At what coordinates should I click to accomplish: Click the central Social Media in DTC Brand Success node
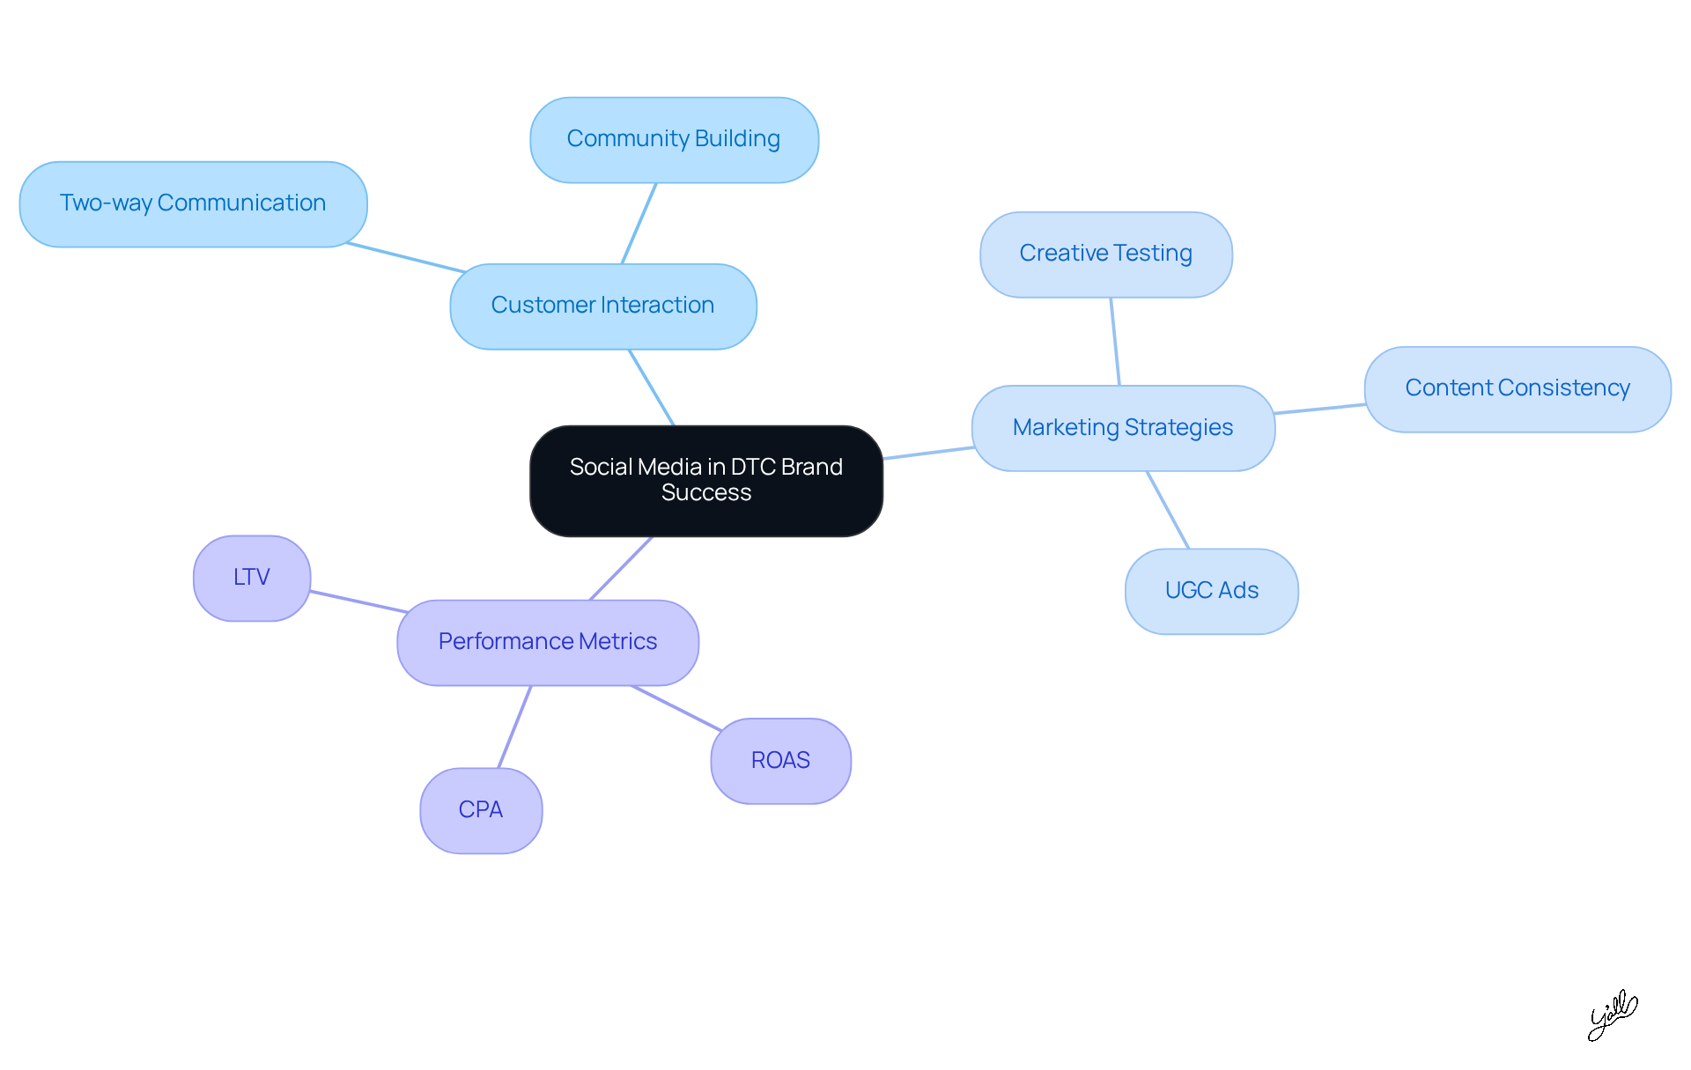click(x=705, y=480)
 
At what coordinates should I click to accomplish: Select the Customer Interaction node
click(x=602, y=306)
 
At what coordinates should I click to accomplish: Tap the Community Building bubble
click(x=674, y=139)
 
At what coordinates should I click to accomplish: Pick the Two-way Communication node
click(x=193, y=203)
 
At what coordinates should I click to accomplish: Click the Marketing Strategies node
click(x=1123, y=428)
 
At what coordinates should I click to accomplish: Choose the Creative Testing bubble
click(x=1105, y=254)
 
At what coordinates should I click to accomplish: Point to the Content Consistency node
click(x=1517, y=388)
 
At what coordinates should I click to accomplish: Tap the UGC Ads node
click(x=1211, y=591)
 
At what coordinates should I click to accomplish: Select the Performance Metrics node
click(x=548, y=642)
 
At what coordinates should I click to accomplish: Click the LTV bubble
click(x=252, y=578)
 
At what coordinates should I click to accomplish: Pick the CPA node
click(x=481, y=810)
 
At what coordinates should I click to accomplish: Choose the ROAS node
click(x=780, y=761)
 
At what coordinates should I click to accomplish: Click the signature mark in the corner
click(x=1612, y=1015)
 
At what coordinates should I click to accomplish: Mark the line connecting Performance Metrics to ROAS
click(x=676, y=708)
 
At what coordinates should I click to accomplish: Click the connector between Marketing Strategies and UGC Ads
click(x=1168, y=510)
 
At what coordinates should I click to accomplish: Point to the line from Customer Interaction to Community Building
click(x=639, y=224)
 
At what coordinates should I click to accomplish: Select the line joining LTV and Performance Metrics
click(x=358, y=601)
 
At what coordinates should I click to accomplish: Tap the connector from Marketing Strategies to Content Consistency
click(x=1319, y=409)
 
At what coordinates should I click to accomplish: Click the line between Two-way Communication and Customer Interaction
click(x=406, y=257)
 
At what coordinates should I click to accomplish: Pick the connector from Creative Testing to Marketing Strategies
click(x=1115, y=342)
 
